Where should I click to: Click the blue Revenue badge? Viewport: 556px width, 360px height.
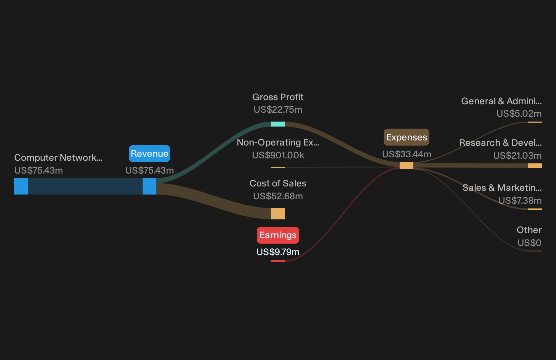pos(149,154)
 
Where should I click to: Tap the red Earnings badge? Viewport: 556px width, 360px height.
pos(278,235)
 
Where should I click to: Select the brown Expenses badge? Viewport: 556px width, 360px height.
pos(407,137)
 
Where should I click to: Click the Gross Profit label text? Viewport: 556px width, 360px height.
pos(278,97)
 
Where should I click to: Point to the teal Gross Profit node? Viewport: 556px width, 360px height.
pos(278,124)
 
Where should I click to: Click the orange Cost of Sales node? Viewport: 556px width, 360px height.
pos(278,213)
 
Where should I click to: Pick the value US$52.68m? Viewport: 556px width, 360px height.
pos(278,196)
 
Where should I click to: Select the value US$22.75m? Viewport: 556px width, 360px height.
pos(278,109)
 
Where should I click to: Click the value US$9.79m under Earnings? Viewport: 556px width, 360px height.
pos(278,252)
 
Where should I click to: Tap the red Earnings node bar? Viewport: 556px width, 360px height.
pos(278,261)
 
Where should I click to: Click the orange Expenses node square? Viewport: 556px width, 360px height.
pos(407,165)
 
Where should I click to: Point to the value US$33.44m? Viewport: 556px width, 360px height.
pos(407,154)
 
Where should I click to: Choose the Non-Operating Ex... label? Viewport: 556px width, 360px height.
pos(278,142)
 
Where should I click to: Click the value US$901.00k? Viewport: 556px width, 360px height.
pos(278,155)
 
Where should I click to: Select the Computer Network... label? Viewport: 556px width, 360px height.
pos(58,158)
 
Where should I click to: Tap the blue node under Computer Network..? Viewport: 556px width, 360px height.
pos(21,186)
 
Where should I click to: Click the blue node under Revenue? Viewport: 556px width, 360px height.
pos(149,186)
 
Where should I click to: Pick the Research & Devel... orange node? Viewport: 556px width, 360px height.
pos(535,166)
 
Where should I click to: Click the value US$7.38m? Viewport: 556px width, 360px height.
pos(520,200)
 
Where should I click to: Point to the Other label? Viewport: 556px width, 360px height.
pos(529,230)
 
